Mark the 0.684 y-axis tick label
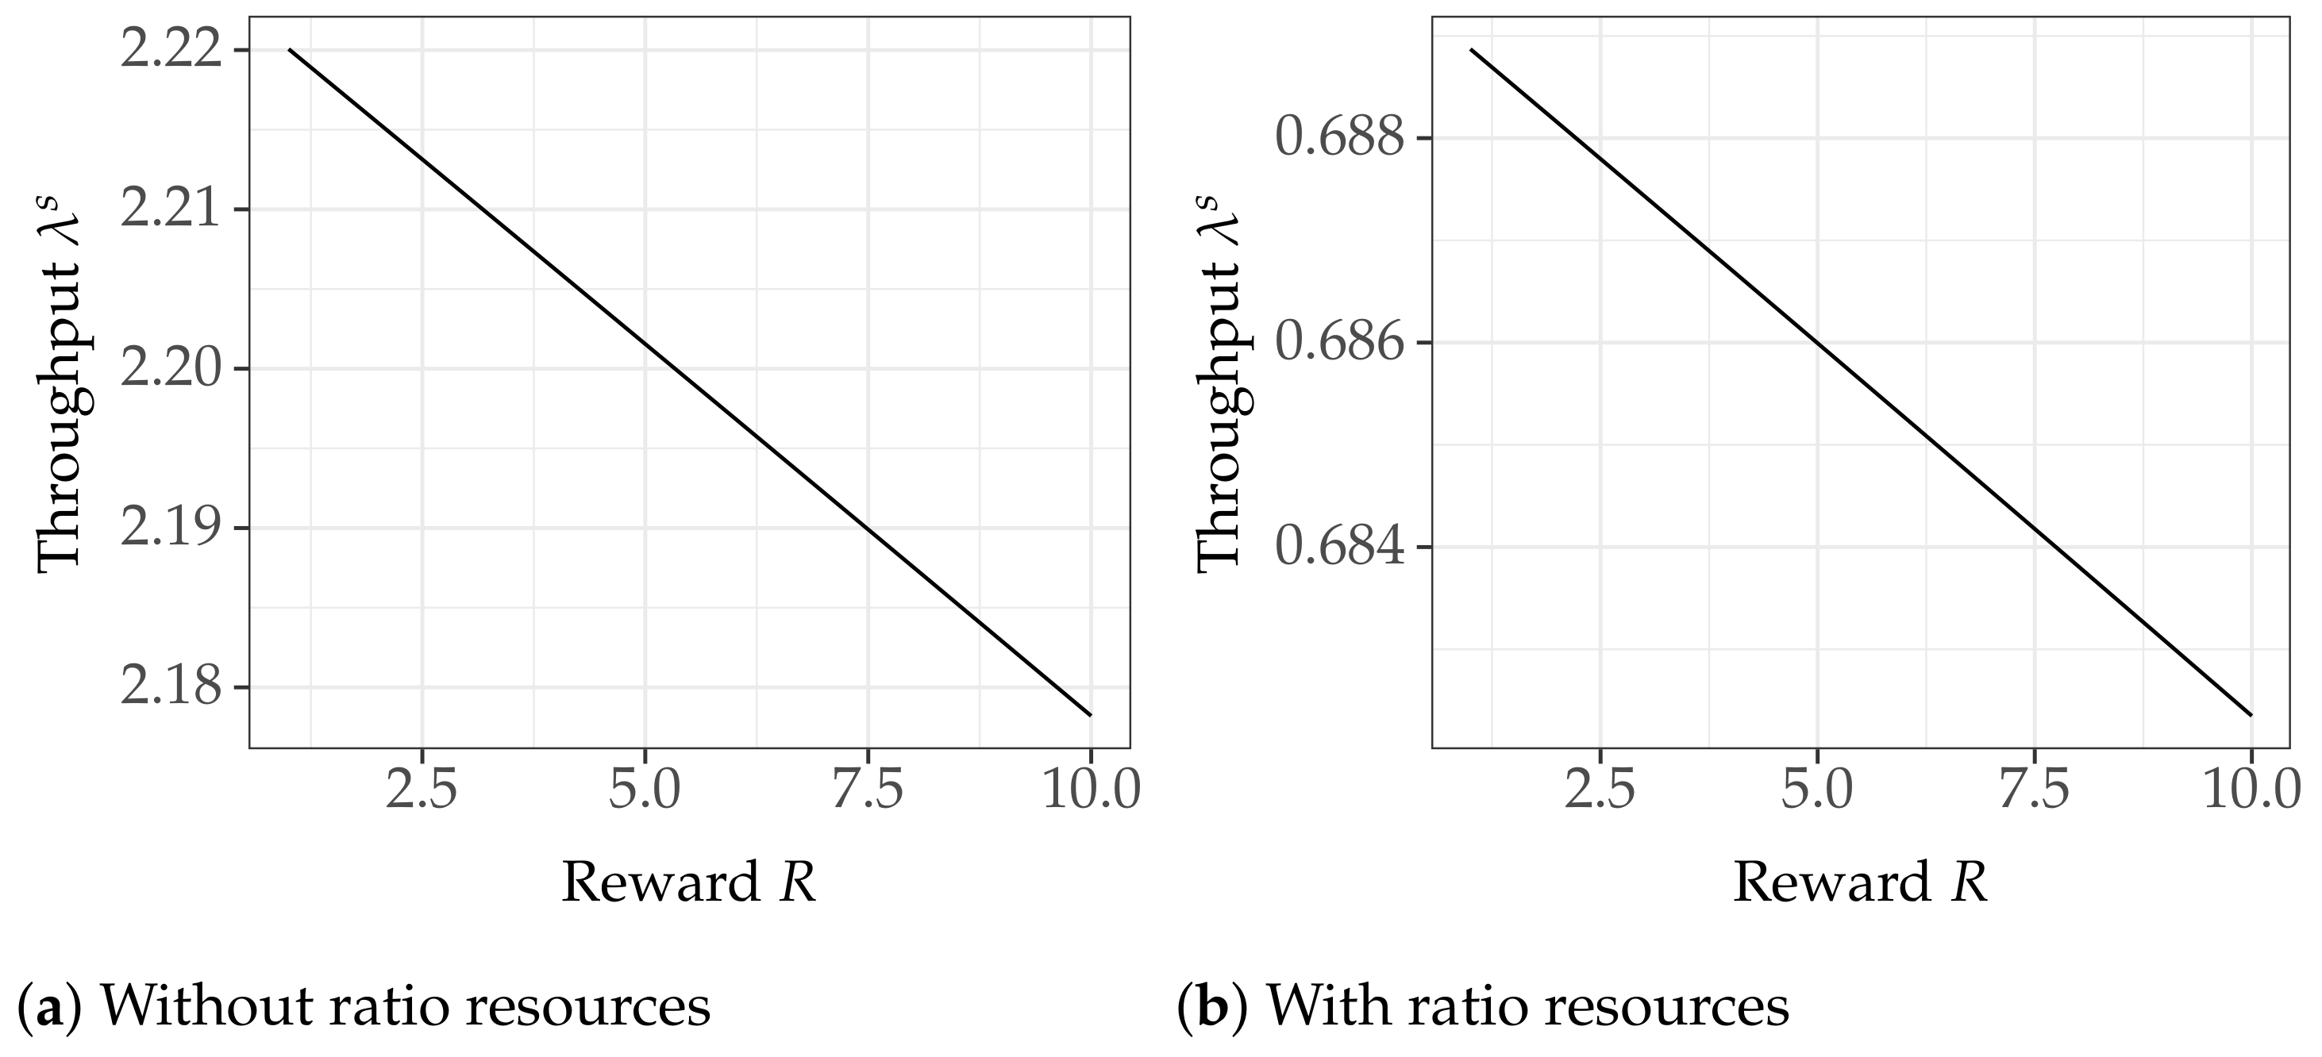point(1340,547)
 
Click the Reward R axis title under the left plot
point(689,882)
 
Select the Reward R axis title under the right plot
point(1859,882)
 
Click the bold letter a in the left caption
point(49,1008)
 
